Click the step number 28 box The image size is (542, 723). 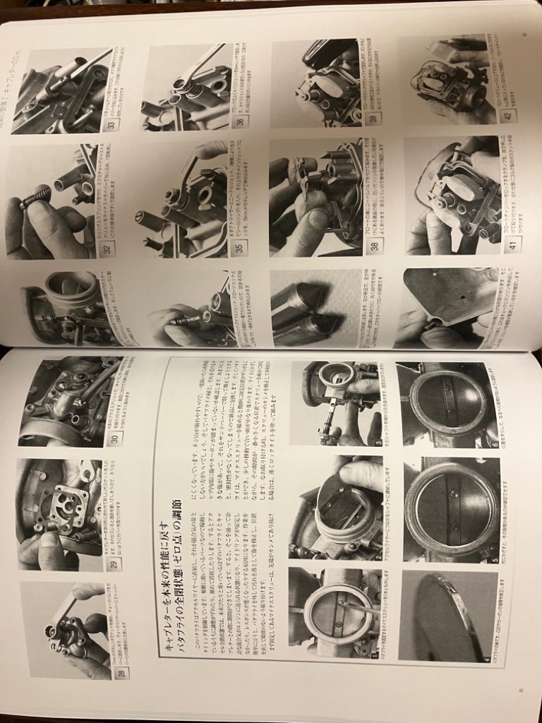pos(123,673)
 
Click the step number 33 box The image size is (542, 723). pos(111,125)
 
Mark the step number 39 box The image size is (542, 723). pos(375,116)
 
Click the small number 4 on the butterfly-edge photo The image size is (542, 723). pos(486,659)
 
